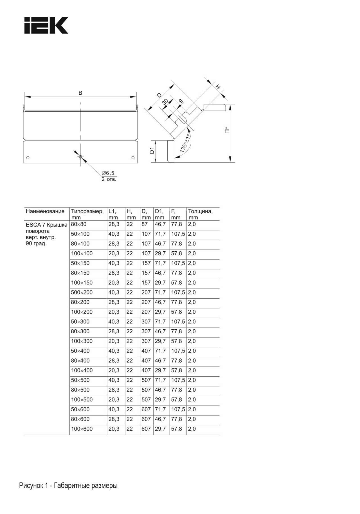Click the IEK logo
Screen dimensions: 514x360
tap(46, 25)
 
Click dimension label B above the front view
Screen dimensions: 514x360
tap(80, 93)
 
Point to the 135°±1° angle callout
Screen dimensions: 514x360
tap(184, 144)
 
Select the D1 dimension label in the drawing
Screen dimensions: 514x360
tap(152, 151)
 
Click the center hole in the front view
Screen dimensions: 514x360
tap(80, 157)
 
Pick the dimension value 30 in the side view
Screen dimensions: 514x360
tap(165, 102)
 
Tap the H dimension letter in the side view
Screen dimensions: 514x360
tap(218, 87)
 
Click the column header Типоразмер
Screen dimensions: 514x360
tap(87, 211)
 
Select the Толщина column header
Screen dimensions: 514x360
tap(200, 211)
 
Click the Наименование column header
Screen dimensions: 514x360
tap(45, 211)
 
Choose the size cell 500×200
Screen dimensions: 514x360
tap(82, 292)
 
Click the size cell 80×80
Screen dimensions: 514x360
tap(79, 224)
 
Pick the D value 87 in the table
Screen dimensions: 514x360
tap(145, 224)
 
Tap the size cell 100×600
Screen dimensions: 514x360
tap(82, 429)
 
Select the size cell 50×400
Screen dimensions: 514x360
tap(80, 351)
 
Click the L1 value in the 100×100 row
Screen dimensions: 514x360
tap(114, 254)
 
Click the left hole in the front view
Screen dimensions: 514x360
tap(28, 158)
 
